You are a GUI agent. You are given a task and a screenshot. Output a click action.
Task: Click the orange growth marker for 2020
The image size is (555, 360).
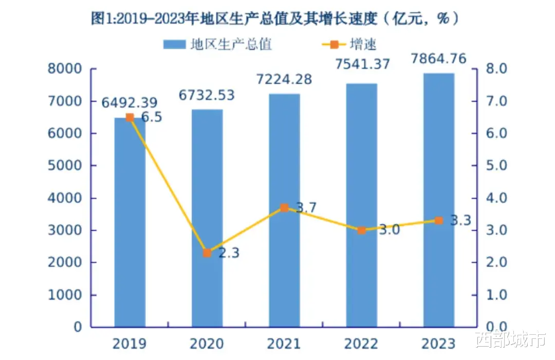point(207,253)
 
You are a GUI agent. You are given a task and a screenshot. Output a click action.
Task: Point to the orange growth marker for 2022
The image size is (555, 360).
point(361,230)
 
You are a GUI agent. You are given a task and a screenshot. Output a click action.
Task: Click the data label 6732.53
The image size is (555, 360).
point(207,95)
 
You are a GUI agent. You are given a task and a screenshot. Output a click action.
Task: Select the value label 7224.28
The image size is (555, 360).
point(284,80)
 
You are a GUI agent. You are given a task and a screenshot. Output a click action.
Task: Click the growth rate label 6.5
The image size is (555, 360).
point(152,117)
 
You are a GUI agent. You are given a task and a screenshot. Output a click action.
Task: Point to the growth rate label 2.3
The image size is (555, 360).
point(229,253)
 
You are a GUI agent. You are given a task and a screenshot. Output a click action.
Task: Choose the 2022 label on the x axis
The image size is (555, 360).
point(361,343)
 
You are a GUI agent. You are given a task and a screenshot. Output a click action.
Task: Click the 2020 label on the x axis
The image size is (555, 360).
point(207,343)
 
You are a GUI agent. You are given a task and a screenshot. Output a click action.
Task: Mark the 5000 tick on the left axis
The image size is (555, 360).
point(65,166)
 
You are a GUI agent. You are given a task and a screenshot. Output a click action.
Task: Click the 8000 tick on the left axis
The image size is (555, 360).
point(65,69)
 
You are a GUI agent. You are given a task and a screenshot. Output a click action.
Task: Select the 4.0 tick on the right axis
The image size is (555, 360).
point(493,198)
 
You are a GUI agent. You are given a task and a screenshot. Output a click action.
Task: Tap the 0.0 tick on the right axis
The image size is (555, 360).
point(493,327)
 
